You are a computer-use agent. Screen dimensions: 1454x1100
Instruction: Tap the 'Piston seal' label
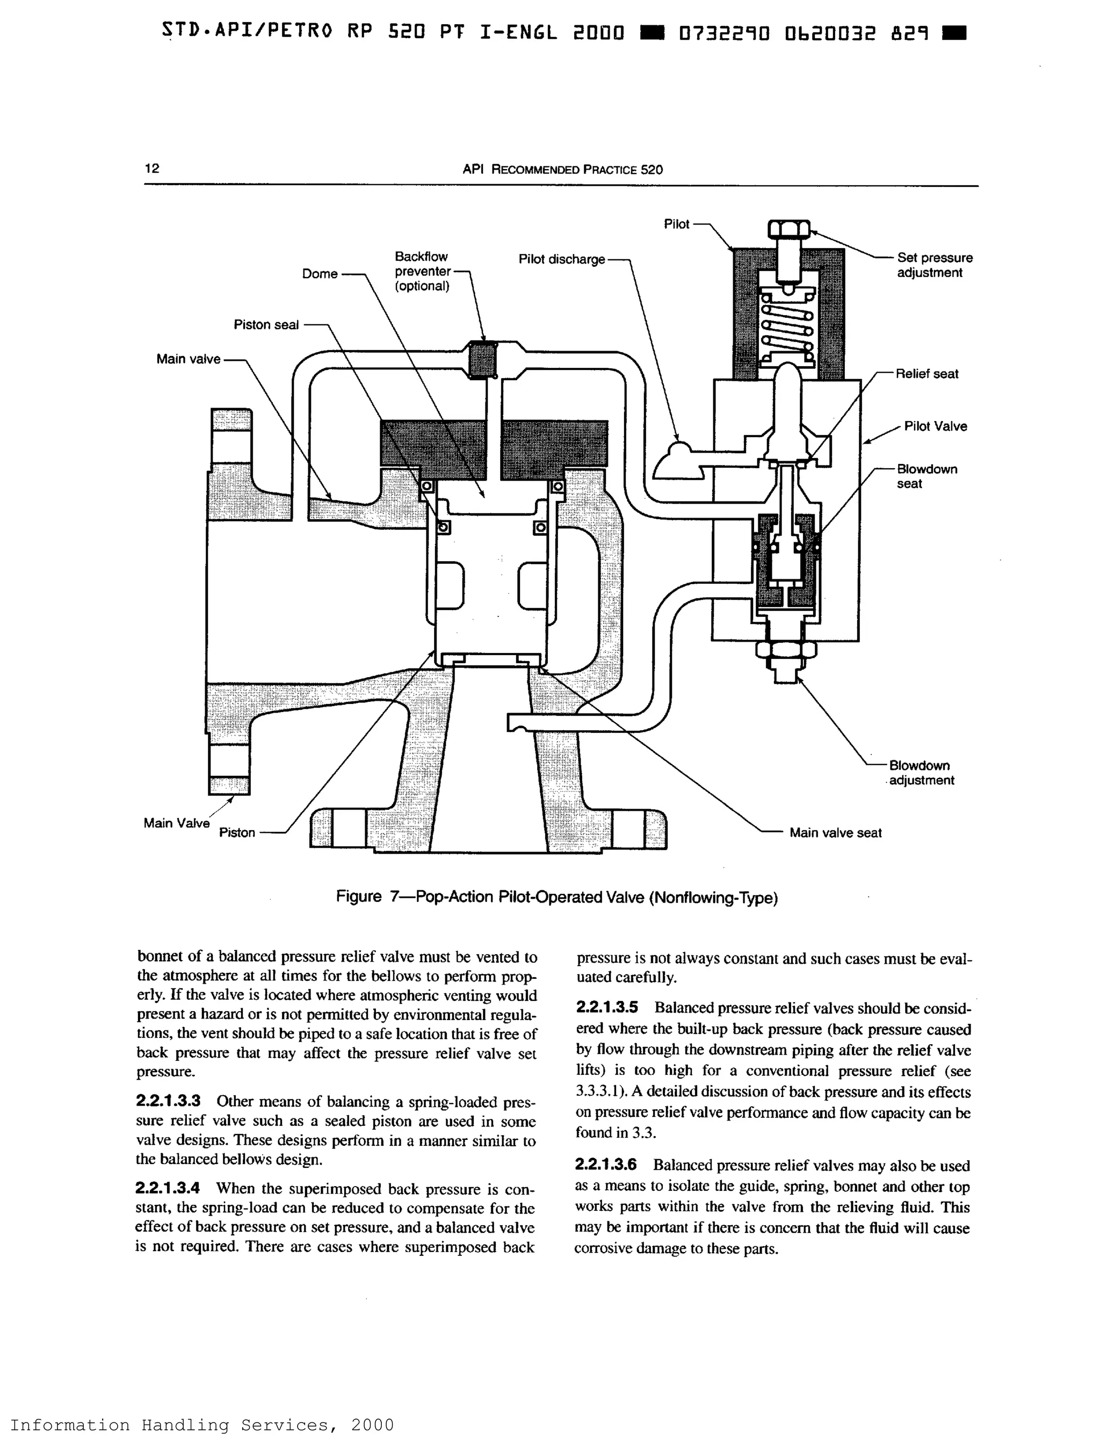coord(266,325)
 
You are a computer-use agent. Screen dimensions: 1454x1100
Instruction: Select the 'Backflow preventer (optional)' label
coord(422,271)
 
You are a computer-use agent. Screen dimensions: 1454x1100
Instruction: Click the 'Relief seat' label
coord(927,374)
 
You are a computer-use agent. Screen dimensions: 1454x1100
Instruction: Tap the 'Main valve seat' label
coord(835,833)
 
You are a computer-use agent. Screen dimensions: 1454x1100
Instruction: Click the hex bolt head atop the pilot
coord(788,231)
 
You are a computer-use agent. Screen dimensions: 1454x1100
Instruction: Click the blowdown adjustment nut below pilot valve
coord(786,650)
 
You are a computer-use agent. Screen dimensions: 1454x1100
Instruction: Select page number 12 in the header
coord(152,168)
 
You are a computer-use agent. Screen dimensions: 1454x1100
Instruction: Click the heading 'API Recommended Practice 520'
coord(562,170)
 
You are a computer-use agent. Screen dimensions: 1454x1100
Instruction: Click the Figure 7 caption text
coord(556,897)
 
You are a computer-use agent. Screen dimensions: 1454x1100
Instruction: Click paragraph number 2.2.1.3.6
coord(605,1165)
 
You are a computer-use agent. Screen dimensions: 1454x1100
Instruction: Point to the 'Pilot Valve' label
coord(935,427)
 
